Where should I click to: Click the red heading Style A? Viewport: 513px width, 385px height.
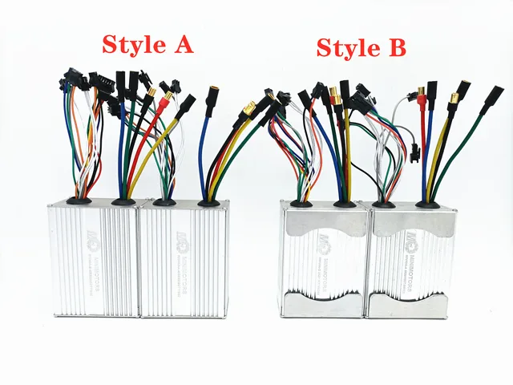coord(147,44)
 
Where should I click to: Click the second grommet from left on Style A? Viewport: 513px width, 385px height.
coord(123,201)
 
